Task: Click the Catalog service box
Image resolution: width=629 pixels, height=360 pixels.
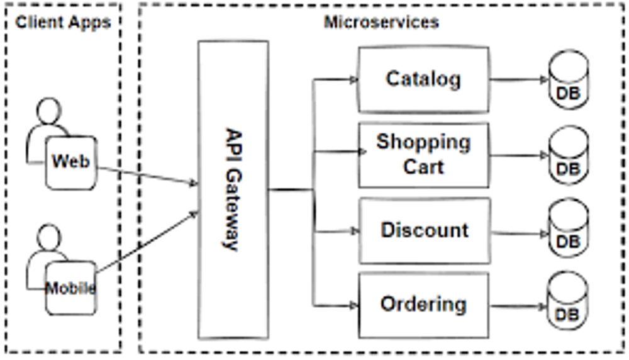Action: point(423,79)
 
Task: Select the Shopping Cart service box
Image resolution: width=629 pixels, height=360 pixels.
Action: point(423,155)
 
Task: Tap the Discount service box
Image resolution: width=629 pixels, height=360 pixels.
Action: point(425,231)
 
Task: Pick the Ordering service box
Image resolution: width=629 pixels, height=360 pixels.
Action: point(423,305)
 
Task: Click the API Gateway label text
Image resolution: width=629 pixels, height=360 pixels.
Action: point(233,190)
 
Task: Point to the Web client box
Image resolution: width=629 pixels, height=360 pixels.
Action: point(71,162)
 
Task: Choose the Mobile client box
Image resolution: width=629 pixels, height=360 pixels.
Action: point(71,288)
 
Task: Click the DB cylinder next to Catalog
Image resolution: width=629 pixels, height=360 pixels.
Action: point(569,79)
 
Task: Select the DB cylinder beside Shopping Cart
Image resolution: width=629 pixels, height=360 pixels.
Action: point(569,155)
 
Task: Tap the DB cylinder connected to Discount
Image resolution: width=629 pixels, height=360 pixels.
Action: point(569,228)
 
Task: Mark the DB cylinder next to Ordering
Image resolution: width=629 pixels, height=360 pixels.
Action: point(567,301)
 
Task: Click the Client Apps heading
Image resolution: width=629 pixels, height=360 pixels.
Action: point(63,22)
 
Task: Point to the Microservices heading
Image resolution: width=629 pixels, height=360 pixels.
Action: point(381,22)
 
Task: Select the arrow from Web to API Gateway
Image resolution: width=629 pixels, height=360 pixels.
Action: point(148,176)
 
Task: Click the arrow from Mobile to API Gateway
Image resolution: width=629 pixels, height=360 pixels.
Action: point(147,242)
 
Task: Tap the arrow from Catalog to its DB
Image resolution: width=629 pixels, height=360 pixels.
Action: point(519,80)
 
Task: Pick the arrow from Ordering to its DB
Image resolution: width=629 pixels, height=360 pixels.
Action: point(519,307)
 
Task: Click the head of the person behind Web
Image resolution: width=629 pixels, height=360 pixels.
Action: point(49,110)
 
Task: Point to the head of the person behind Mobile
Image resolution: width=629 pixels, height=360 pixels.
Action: point(49,237)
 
